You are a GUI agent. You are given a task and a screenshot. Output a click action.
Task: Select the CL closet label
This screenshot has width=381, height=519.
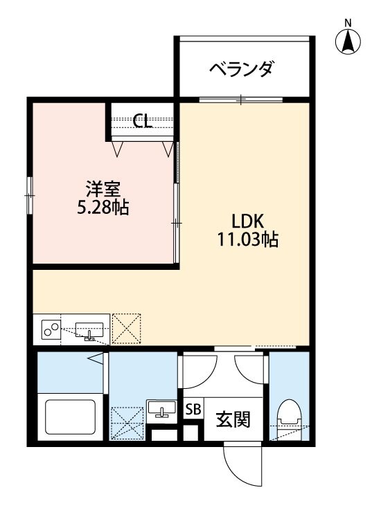(x=143, y=122)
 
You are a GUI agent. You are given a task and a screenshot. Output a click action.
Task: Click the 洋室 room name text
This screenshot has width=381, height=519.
(x=103, y=188)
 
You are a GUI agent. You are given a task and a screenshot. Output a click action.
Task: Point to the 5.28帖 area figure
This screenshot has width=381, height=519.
(x=103, y=207)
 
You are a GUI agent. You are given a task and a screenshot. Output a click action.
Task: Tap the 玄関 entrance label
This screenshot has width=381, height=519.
(x=232, y=419)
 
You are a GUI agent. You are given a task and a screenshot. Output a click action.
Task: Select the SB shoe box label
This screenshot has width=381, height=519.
(x=193, y=409)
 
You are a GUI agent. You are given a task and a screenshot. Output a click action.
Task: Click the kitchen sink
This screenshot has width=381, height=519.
(x=89, y=330)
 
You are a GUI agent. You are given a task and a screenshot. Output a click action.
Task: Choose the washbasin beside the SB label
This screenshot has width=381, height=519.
(x=162, y=410)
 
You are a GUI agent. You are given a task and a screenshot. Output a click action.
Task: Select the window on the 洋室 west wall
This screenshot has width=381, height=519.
(x=30, y=196)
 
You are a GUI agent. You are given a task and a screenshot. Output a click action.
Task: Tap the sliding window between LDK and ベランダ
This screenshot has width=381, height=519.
(x=241, y=100)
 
